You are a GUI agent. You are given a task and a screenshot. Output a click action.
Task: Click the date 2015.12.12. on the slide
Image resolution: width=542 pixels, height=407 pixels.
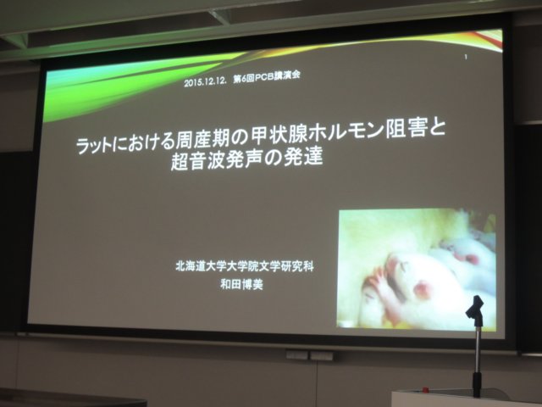[x=205, y=82]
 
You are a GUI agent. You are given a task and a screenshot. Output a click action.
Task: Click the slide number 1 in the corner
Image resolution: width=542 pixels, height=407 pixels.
[x=466, y=57]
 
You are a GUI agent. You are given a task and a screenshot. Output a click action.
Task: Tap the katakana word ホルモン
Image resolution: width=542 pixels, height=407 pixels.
[x=346, y=133]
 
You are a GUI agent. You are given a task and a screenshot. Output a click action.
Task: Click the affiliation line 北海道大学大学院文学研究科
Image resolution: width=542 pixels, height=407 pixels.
[x=245, y=267]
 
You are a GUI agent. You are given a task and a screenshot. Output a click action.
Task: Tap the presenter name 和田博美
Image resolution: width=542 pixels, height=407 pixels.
[x=241, y=285]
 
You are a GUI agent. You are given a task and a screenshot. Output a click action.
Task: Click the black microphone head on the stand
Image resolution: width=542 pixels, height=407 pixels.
[x=474, y=309]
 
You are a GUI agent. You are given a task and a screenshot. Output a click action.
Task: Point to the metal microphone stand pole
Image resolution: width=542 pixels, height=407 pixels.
[x=478, y=360]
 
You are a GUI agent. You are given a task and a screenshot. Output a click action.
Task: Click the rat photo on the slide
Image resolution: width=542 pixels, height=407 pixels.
[x=417, y=268]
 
